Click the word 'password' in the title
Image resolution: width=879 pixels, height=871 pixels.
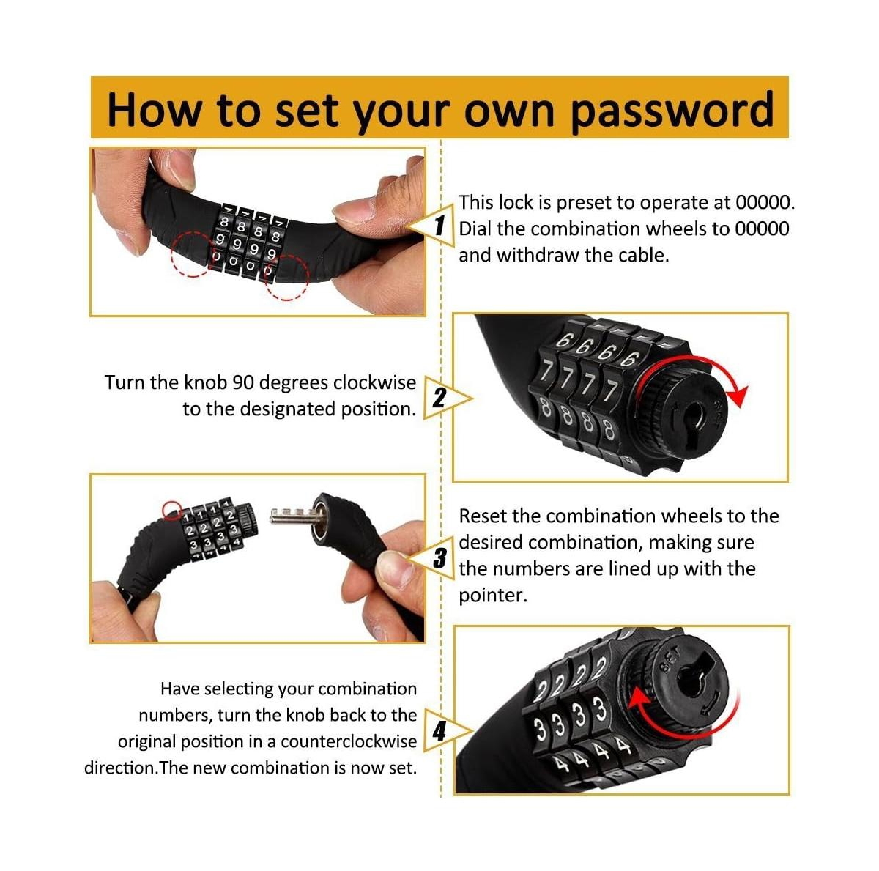tap(672, 110)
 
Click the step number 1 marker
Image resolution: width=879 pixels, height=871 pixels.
tap(439, 224)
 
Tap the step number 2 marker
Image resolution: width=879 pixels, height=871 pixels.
tap(439, 398)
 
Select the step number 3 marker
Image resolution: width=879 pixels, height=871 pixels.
tap(439, 559)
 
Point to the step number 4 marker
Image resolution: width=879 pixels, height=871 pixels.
tap(439, 730)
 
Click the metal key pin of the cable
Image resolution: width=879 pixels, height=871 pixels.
tap(290, 516)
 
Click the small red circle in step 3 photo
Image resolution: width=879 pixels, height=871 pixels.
tap(172, 509)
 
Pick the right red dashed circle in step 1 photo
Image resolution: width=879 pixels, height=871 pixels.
tap(286, 278)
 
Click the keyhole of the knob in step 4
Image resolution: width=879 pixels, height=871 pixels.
tap(692, 678)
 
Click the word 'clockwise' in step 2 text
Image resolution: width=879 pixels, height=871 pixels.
tap(374, 382)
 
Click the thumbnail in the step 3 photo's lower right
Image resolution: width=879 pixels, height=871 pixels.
tap(396, 568)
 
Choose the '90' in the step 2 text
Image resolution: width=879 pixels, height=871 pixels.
tap(243, 382)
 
